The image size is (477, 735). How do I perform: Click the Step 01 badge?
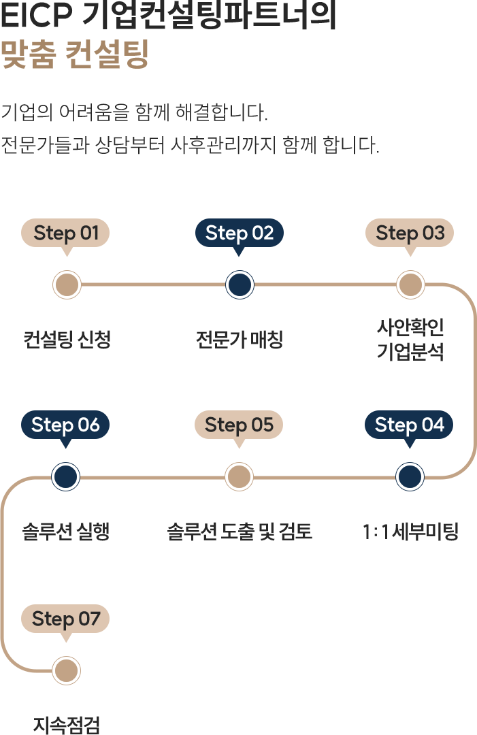click(66, 233)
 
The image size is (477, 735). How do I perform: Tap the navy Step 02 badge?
click(239, 233)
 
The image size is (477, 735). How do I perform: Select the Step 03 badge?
click(410, 233)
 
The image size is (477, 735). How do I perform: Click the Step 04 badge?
click(409, 425)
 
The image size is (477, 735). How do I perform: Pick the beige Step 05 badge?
click(239, 425)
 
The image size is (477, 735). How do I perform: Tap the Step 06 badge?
click(65, 425)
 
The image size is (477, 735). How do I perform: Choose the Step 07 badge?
click(65, 619)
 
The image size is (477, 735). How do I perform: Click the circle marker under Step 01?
click(67, 284)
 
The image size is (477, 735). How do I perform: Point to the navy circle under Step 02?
click(240, 284)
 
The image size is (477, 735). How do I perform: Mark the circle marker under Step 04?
click(410, 476)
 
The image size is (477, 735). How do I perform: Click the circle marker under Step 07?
click(67, 671)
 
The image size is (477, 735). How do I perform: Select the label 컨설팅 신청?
click(67, 339)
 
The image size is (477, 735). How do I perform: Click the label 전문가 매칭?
click(239, 339)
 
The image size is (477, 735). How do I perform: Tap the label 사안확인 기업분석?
click(410, 340)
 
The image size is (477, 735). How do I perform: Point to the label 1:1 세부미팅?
click(410, 532)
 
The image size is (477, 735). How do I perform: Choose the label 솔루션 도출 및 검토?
click(239, 532)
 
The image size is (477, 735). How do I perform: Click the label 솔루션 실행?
click(66, 532)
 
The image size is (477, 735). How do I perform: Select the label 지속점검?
click(67, 725)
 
